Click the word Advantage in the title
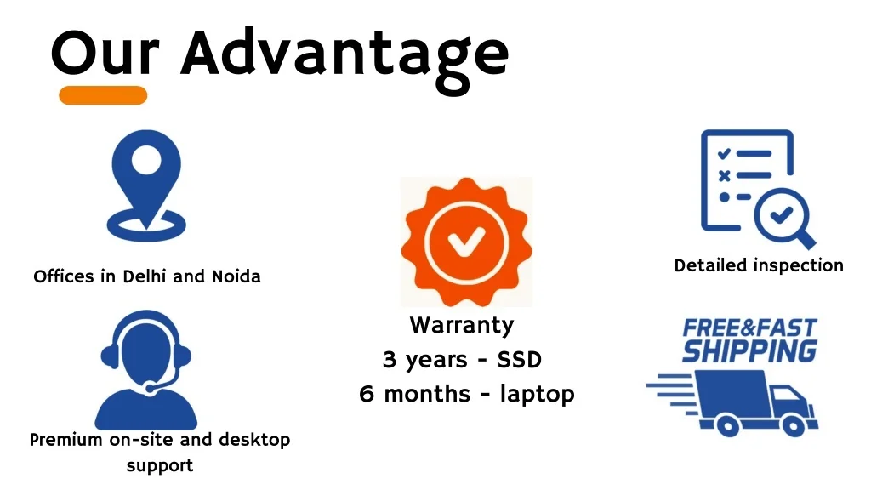344,53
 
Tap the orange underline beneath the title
103,95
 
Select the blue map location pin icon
146,183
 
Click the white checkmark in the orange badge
465,241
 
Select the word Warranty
462,325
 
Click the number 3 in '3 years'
390,360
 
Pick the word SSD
519,360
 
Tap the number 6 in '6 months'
367,395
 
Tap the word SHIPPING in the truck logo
749,350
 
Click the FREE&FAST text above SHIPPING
749,328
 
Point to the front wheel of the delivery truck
792,424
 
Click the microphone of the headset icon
151,388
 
